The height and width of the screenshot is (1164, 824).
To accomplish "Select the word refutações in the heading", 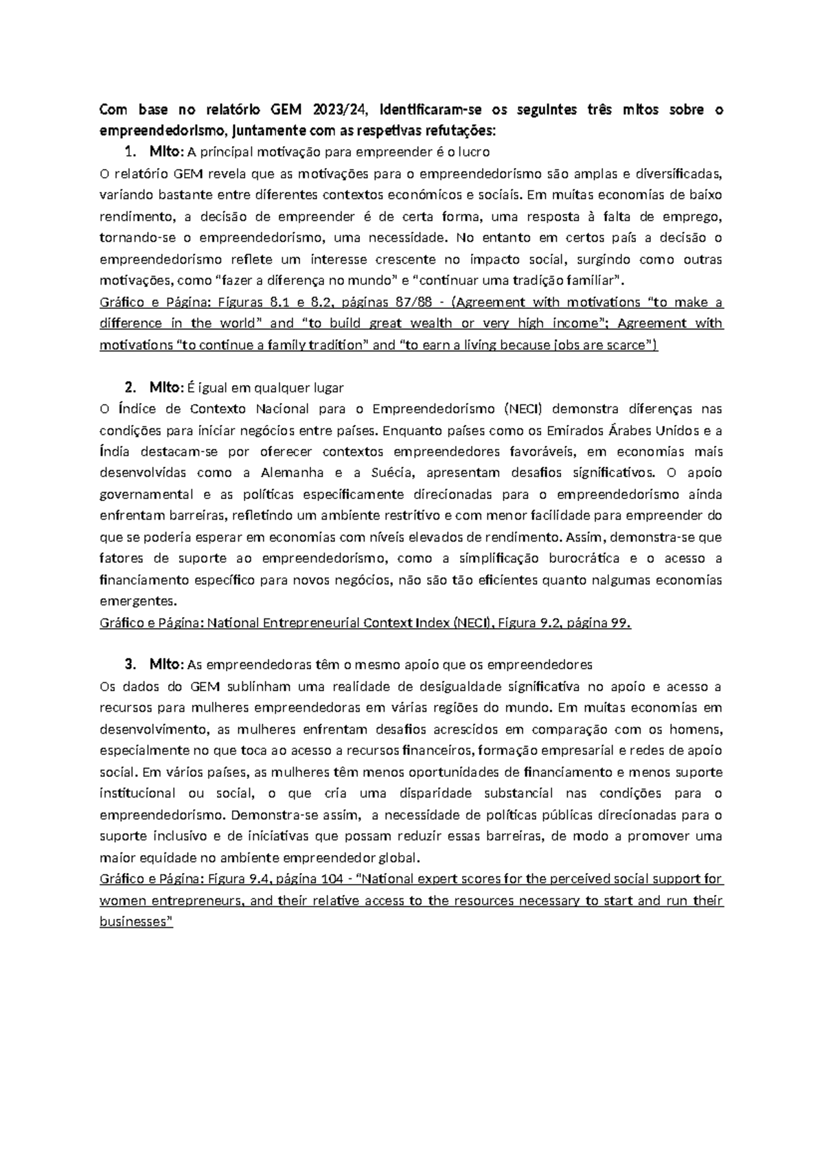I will click(x=461, y=130).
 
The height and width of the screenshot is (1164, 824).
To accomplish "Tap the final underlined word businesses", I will click(x=137, y=922).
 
